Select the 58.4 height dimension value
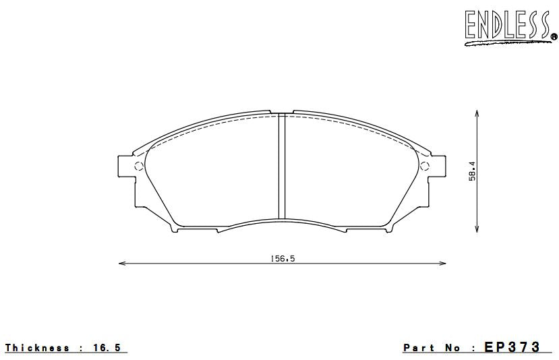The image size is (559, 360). tap(473, 171)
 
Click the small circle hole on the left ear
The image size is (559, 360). tap(140, 167)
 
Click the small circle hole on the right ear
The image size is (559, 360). tap(424, 167)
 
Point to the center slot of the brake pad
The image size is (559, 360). tap(283, 167)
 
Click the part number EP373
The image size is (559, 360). tap(512, 347)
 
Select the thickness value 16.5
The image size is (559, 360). tap(109, 348)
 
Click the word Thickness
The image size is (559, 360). tap(37, 348)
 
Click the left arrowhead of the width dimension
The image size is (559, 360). tap(121, 264)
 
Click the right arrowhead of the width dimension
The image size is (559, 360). tap(444, 264)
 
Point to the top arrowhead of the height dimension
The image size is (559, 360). tap(477, 115)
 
